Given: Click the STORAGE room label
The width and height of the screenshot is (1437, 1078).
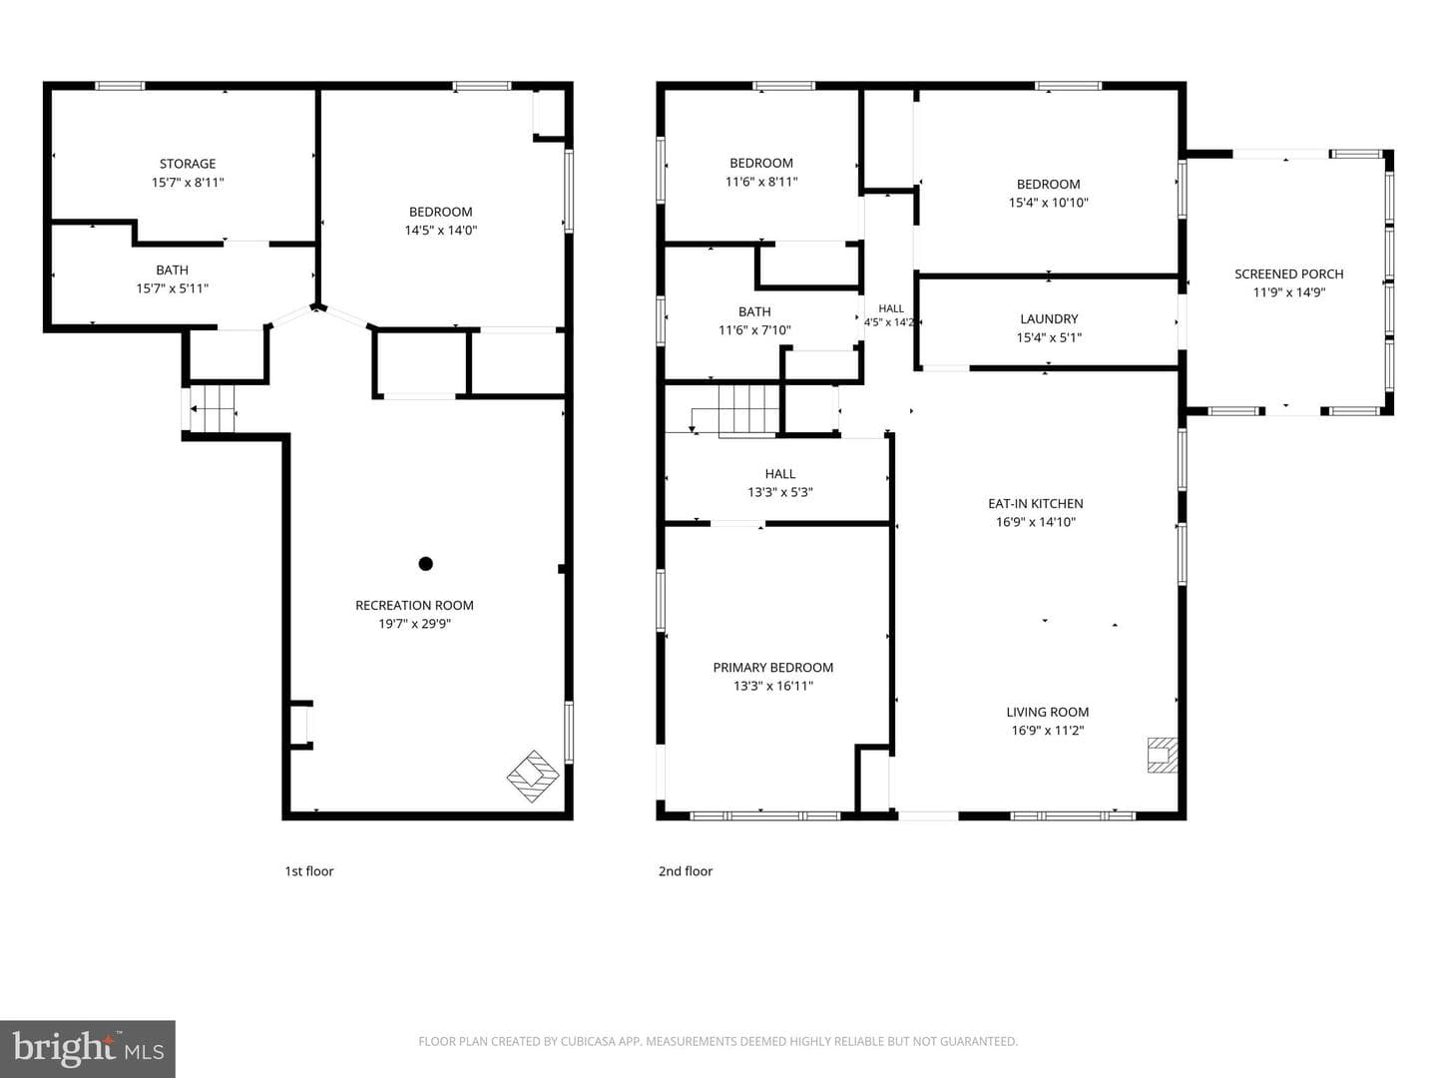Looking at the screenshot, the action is click(188, 164).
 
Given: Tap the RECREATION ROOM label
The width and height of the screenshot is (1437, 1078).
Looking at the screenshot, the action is click(414, 606).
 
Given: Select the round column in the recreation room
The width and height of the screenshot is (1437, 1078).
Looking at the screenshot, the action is click(425, 564).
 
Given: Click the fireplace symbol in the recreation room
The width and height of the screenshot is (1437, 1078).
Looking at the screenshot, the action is click(533, 777).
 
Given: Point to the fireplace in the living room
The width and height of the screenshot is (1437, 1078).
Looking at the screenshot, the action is click(1162, 756).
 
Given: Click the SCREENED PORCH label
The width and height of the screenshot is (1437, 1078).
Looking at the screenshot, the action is click(1288, 274).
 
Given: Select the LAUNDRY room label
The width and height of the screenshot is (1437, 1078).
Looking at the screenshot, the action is click(1049, 318).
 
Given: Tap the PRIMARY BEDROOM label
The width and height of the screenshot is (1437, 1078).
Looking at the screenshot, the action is click(772, 668).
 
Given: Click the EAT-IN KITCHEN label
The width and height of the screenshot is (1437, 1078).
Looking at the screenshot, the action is click(1035, 503).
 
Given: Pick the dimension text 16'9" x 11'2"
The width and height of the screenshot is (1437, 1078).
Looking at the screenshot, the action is click(1048, 731).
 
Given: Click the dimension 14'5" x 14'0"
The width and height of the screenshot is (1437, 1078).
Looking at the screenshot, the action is click(441, 231).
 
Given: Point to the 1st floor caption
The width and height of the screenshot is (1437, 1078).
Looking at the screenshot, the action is click(309, 871).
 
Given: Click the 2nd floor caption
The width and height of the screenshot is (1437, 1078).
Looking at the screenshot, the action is click(686, 871).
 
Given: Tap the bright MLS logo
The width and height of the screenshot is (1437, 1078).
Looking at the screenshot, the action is click(88, 1049).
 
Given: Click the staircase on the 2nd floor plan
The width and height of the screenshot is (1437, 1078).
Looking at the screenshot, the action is click(748, 410).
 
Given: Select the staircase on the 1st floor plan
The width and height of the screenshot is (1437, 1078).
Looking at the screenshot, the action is click(212, 409).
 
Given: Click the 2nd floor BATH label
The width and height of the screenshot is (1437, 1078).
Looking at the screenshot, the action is click(754, 312).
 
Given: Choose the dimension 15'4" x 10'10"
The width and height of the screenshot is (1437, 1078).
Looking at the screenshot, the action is click(1048, 203).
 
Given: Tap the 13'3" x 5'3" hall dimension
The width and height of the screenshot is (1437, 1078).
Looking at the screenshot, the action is click(779, 492).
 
